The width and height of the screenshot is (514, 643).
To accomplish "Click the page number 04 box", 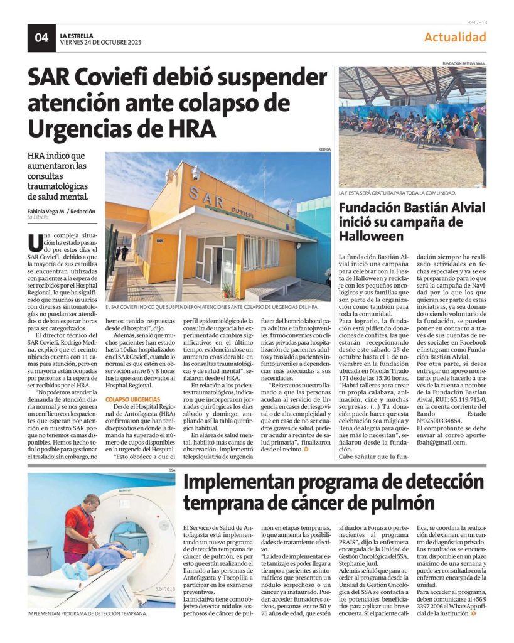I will coord(41,38).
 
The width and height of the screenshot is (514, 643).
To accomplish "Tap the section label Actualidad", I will coord(455,37).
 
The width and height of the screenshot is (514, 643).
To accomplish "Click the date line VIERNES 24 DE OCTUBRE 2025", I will coord(100,43).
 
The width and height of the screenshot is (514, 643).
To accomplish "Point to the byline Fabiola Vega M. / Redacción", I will coord(61,211).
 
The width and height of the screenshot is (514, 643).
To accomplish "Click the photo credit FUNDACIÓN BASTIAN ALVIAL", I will coord(464,64).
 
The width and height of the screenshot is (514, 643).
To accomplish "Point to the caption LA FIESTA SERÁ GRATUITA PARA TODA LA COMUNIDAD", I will coord(397,193).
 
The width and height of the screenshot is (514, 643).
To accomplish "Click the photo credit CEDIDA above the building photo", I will coord(324,149).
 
